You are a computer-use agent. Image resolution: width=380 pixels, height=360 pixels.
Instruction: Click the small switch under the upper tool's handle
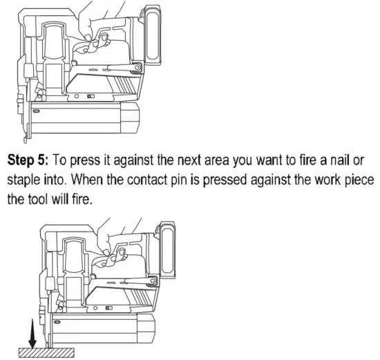89,96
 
